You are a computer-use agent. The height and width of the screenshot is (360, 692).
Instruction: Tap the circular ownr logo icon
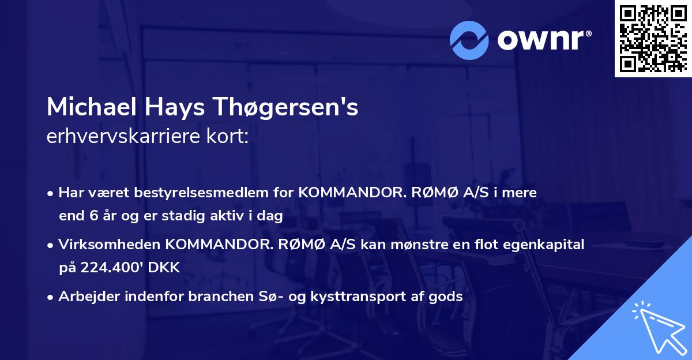pyautogui.click(x=469, y=40)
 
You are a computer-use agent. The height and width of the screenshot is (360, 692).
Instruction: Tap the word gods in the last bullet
pyautogui.click(x=448, y=297)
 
